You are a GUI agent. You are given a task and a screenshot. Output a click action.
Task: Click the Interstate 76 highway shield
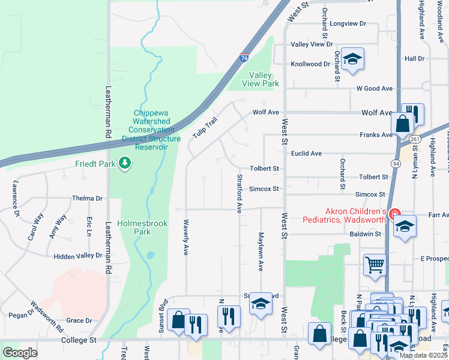[x=244, y=57]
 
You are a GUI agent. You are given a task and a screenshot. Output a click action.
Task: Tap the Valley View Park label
[x=260, y=79]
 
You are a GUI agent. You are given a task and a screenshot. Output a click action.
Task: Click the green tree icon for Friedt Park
[x=125, y=163]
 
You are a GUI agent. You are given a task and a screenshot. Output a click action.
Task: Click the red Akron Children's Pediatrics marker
[x=394, y=214]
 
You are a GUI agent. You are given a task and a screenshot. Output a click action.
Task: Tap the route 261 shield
[x=415, y=139]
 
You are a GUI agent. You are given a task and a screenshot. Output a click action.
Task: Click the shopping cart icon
[x=375, y=264]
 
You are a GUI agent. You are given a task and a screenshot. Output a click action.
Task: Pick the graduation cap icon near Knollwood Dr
[x=354, y=59]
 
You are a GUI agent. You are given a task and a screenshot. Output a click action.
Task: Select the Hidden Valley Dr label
[x=77, y=256]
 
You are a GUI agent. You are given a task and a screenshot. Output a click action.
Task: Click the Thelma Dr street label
[x=87, y=198]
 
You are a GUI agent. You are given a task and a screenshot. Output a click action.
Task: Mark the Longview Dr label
[x=348, y=24]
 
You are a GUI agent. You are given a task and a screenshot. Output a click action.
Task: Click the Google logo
[x=19, y=353]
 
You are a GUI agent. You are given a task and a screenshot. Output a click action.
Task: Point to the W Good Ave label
[x=374, y=88]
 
